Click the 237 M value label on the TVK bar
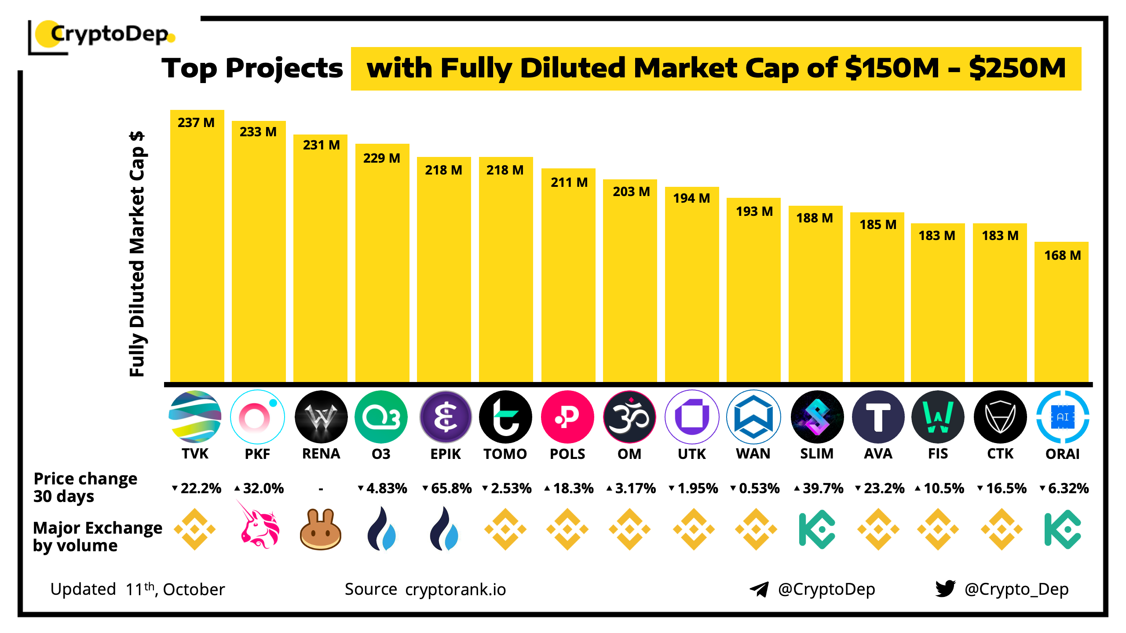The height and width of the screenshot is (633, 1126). (196, 123)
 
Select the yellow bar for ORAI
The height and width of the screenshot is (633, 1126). (1061, 316)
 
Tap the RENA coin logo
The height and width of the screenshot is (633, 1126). (321, 417)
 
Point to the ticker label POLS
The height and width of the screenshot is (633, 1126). (567, 454)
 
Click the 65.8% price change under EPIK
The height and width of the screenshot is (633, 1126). (447, 488)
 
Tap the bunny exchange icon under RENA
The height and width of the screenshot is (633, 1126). (321, 529)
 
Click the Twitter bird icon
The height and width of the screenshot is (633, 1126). (945, 589)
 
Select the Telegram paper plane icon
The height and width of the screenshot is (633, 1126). (759, 589)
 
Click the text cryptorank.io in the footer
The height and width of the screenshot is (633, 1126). (455, 589)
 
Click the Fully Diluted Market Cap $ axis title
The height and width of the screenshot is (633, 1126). (137, 254)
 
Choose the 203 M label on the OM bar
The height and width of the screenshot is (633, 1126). (631, 192)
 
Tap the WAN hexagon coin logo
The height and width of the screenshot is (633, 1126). (753, 417)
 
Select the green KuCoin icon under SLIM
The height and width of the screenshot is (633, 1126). (816, 529)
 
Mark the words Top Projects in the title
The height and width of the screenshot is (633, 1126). (252, 69)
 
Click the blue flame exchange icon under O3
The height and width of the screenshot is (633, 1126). (381, 528)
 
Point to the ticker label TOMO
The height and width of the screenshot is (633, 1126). (505, 454)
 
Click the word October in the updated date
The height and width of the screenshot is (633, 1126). (194, 589)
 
